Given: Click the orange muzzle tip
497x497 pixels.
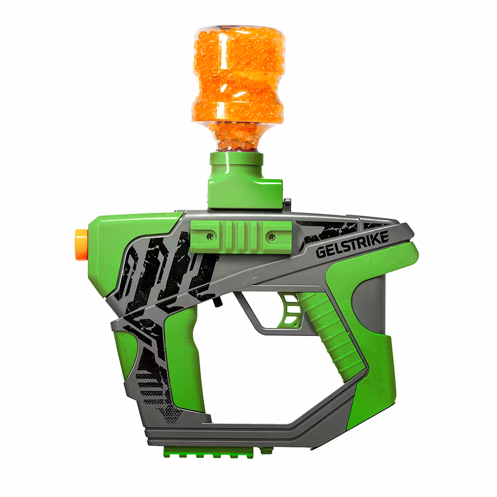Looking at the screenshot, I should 81,243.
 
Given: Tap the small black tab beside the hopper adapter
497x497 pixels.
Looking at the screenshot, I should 287,202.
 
